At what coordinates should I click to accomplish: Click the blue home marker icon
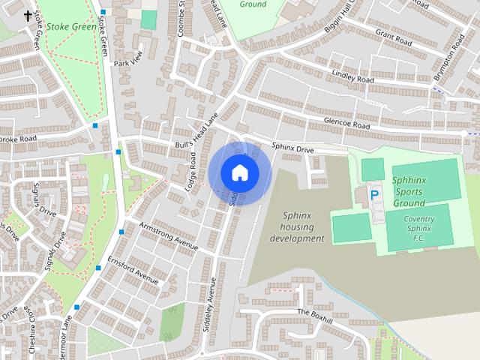(x=239, y=173)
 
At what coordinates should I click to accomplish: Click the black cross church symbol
(x=28, y=16)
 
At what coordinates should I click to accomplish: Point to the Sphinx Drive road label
(x=292, y=149)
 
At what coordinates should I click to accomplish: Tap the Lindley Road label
(x=352, y=76)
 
